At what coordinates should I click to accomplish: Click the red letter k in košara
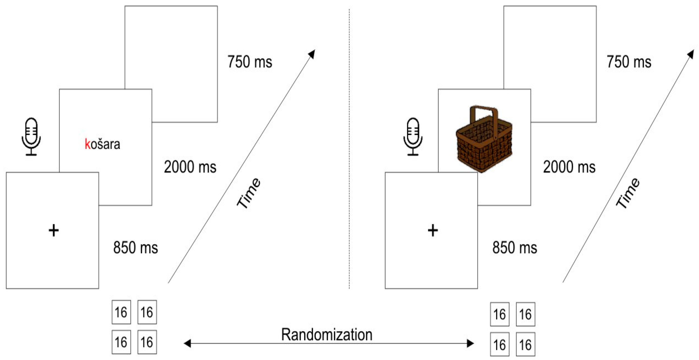(87, 144)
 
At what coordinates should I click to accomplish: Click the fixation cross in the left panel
(53, 231)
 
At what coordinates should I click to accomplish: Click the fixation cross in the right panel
(433, 231)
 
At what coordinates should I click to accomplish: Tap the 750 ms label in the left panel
(250, 62)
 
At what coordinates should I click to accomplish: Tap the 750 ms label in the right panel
(629, 62)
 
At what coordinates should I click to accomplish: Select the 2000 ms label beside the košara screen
(190, 167)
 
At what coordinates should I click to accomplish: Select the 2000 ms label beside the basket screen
(569, 167)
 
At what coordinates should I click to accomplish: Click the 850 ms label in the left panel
(135, 247)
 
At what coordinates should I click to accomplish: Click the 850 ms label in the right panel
(514, 247)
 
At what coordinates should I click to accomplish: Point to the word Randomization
(326, 334)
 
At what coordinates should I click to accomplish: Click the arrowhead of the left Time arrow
(312, 54)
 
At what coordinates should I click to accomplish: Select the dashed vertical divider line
(349, 149)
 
